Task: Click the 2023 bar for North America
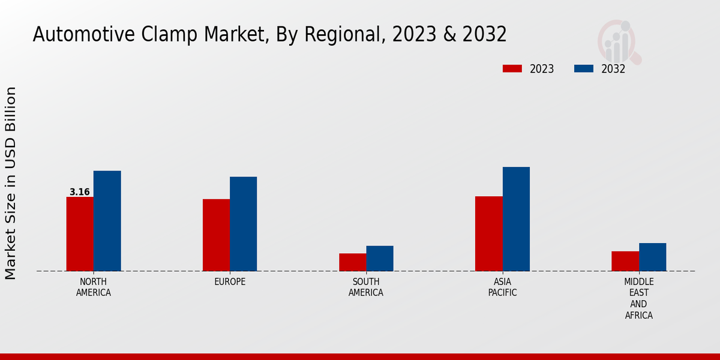[x=80, y=234]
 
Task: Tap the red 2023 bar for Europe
[x=216, y=235]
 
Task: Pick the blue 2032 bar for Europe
[x=243, y=224]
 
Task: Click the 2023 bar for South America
[x=352, y=262]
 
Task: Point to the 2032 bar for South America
[x=380, y=259]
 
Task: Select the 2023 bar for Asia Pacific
[x=488, y=233]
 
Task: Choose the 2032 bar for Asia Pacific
[x=516, y=219]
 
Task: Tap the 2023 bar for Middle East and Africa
[x=625, y=261]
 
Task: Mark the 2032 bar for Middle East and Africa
[x=652, y=257]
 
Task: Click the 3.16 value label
[x=79, y=192]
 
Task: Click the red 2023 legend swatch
[x=512, y=69]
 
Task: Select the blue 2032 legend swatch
[x=583, y=69]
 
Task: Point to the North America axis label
[x=94, y=287]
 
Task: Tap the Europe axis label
[x=230, y=282]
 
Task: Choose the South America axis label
[x=366, y=287]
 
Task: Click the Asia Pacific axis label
[x=502, y=287]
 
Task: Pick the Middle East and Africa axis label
[x=638, y=299]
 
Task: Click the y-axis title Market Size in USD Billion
[x=11, y=183]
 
